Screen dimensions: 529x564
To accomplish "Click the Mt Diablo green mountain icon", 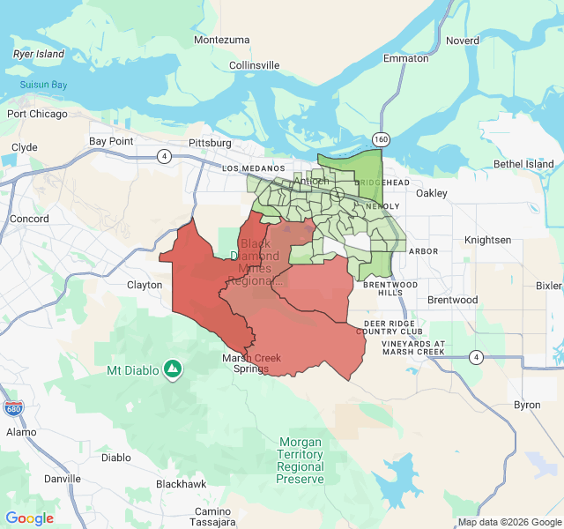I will [x=174, y=369].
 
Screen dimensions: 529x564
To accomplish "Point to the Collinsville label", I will [x=254, y=65].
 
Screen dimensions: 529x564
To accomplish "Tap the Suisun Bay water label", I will [x=43, y=86].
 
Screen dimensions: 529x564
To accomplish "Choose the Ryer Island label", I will [x=39, y=54].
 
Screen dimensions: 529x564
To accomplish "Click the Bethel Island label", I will [x=523, y=164].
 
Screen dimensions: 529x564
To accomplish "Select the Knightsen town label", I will [x=487, y=240].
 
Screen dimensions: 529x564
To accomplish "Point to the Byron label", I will [x=527, y=405].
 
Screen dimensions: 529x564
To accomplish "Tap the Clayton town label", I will [x=145, y=285].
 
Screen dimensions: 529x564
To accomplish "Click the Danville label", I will [x=62, y=479].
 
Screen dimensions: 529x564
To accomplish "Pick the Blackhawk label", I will [x=181, y=484].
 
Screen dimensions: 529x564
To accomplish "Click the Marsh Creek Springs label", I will [x=246, y=363].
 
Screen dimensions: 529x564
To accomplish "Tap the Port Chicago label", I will [x=37, y=114].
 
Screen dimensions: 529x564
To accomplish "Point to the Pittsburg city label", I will [x=210, y=143].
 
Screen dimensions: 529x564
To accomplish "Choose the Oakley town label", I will [x=432, y=192].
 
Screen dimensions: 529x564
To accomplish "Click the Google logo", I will [x=30, y=518].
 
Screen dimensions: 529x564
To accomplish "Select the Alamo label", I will [x=21, y=432].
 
